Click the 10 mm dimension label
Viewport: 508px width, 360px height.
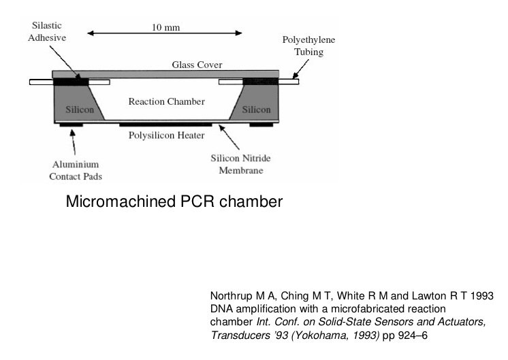[165, 27]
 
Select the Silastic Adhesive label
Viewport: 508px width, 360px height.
[47, 31]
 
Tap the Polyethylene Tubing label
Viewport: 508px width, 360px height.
[308, 46]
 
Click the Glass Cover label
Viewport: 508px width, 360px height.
[197, 65]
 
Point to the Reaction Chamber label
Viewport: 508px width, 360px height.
[167, 101]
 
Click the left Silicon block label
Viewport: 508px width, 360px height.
[80, 110]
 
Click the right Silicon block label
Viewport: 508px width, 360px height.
[256, 110]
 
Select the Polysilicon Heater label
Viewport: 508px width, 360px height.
[167, 135]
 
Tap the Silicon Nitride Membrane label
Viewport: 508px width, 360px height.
[240, 164]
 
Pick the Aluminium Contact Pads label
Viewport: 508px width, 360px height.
[76, 170]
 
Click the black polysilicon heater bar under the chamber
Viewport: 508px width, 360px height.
[165, 125]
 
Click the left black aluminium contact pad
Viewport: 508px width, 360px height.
[72, 125]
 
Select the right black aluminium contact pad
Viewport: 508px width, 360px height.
[261, 125]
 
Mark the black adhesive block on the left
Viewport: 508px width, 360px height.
[71, 82]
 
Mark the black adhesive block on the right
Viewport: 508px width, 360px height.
[261, 82]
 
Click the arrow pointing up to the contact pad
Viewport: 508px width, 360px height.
[74, 142]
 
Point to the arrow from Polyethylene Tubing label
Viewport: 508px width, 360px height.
[300, 69]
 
